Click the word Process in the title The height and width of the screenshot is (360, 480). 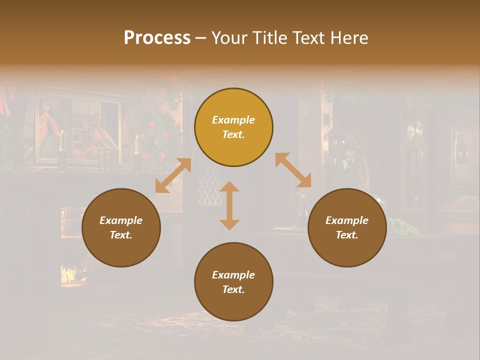157,38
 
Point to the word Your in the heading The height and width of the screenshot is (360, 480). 228,38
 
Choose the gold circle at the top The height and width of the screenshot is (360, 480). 233,127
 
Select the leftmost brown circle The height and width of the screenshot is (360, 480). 121,228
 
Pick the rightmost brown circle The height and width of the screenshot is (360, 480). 347,228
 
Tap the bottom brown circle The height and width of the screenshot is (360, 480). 233,282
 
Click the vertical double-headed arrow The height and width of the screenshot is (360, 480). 229,205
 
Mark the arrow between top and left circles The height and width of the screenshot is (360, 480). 173,175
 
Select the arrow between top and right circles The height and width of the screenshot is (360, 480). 293,170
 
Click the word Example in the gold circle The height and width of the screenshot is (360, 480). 233,120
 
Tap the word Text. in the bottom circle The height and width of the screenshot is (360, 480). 233,289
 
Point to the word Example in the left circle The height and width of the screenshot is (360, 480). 121,220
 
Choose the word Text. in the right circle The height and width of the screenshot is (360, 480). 347,235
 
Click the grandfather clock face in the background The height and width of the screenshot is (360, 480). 414,131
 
